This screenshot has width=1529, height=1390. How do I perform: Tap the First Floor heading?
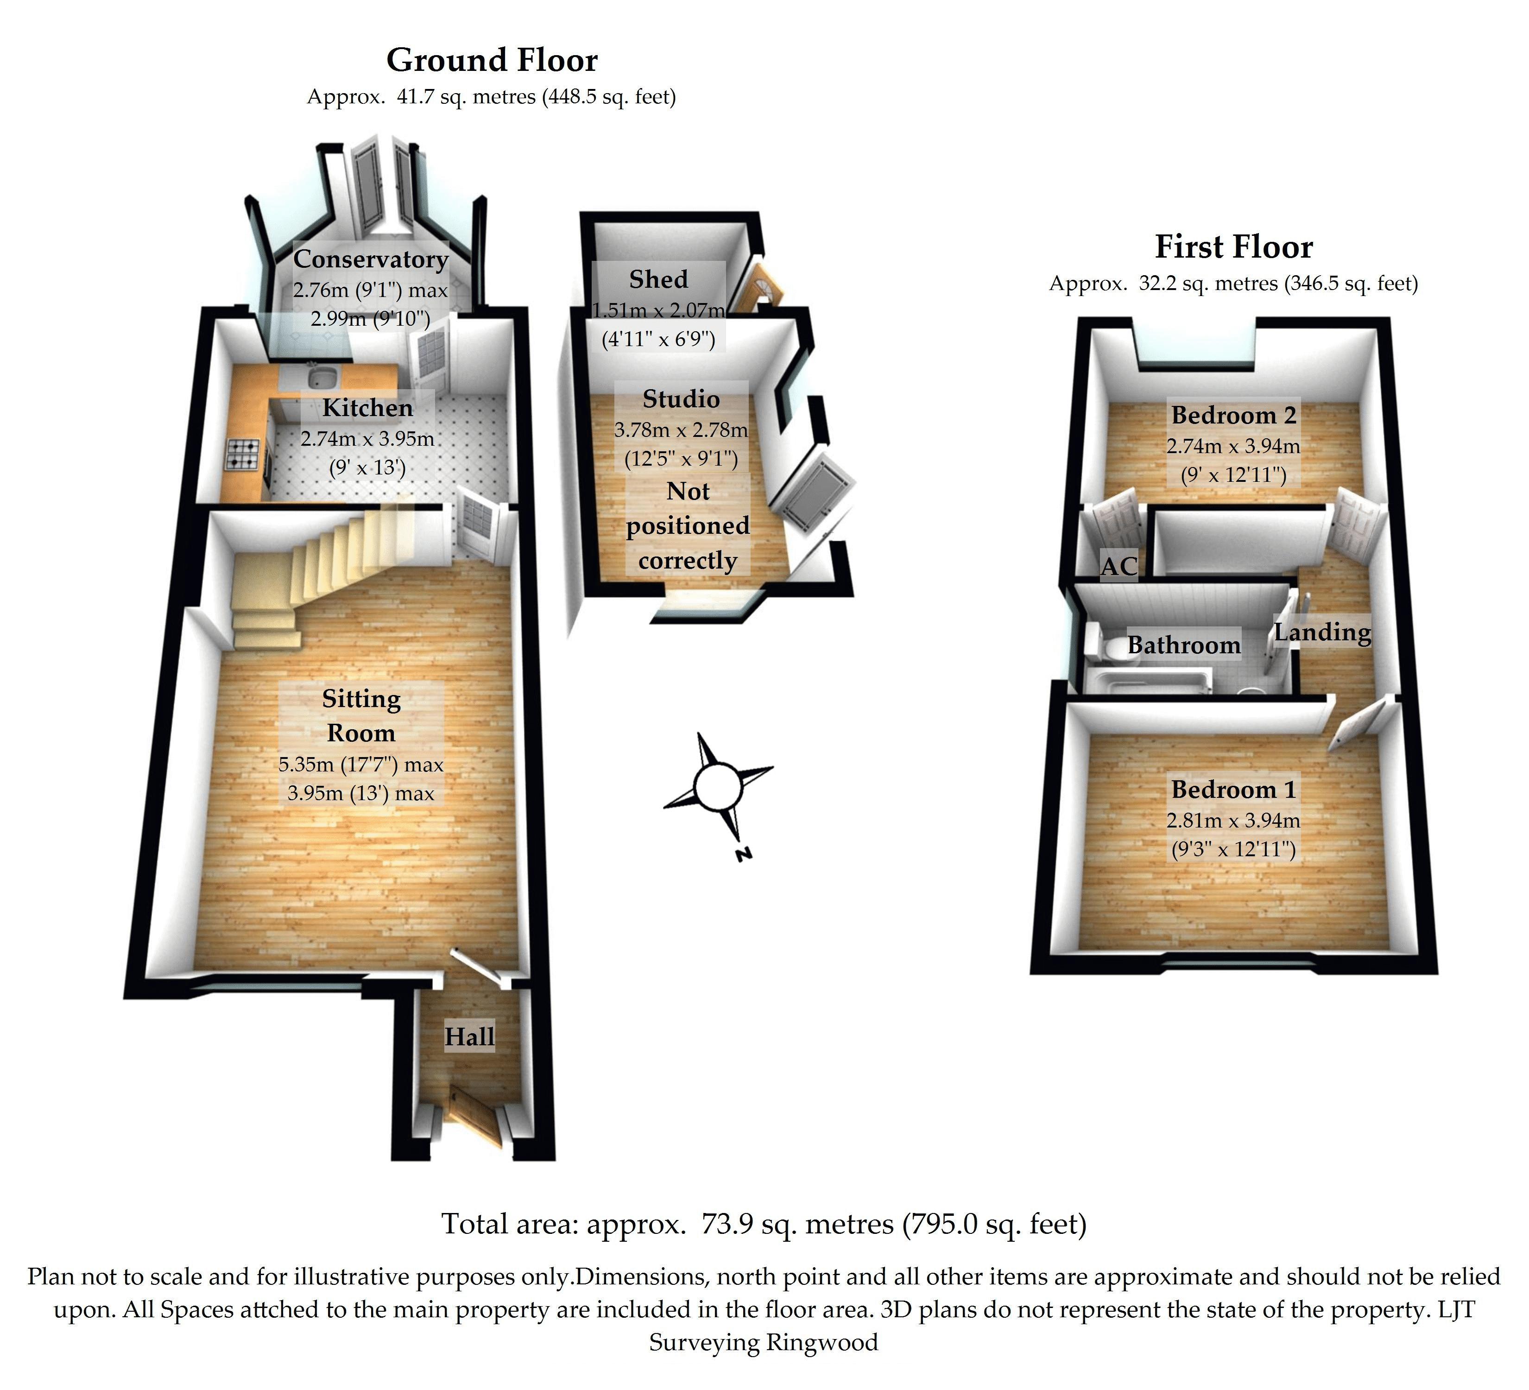pyautogui.click(x=1234, y=247)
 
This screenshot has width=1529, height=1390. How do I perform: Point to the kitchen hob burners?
pyautogui.click(x=243, y=453)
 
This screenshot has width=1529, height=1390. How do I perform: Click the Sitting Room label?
pyautogui.click(x=361, y=715)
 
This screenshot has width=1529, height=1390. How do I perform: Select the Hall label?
pyautogui.click(x=469, y=1036)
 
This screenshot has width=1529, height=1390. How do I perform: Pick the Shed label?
pyautogui.click(x=658, y=279)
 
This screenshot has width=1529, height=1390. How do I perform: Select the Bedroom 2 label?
pyautogui.click(x=1234, y=415)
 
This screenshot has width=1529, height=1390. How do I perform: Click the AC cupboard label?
pyautogui.click(x=1118, y=566)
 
